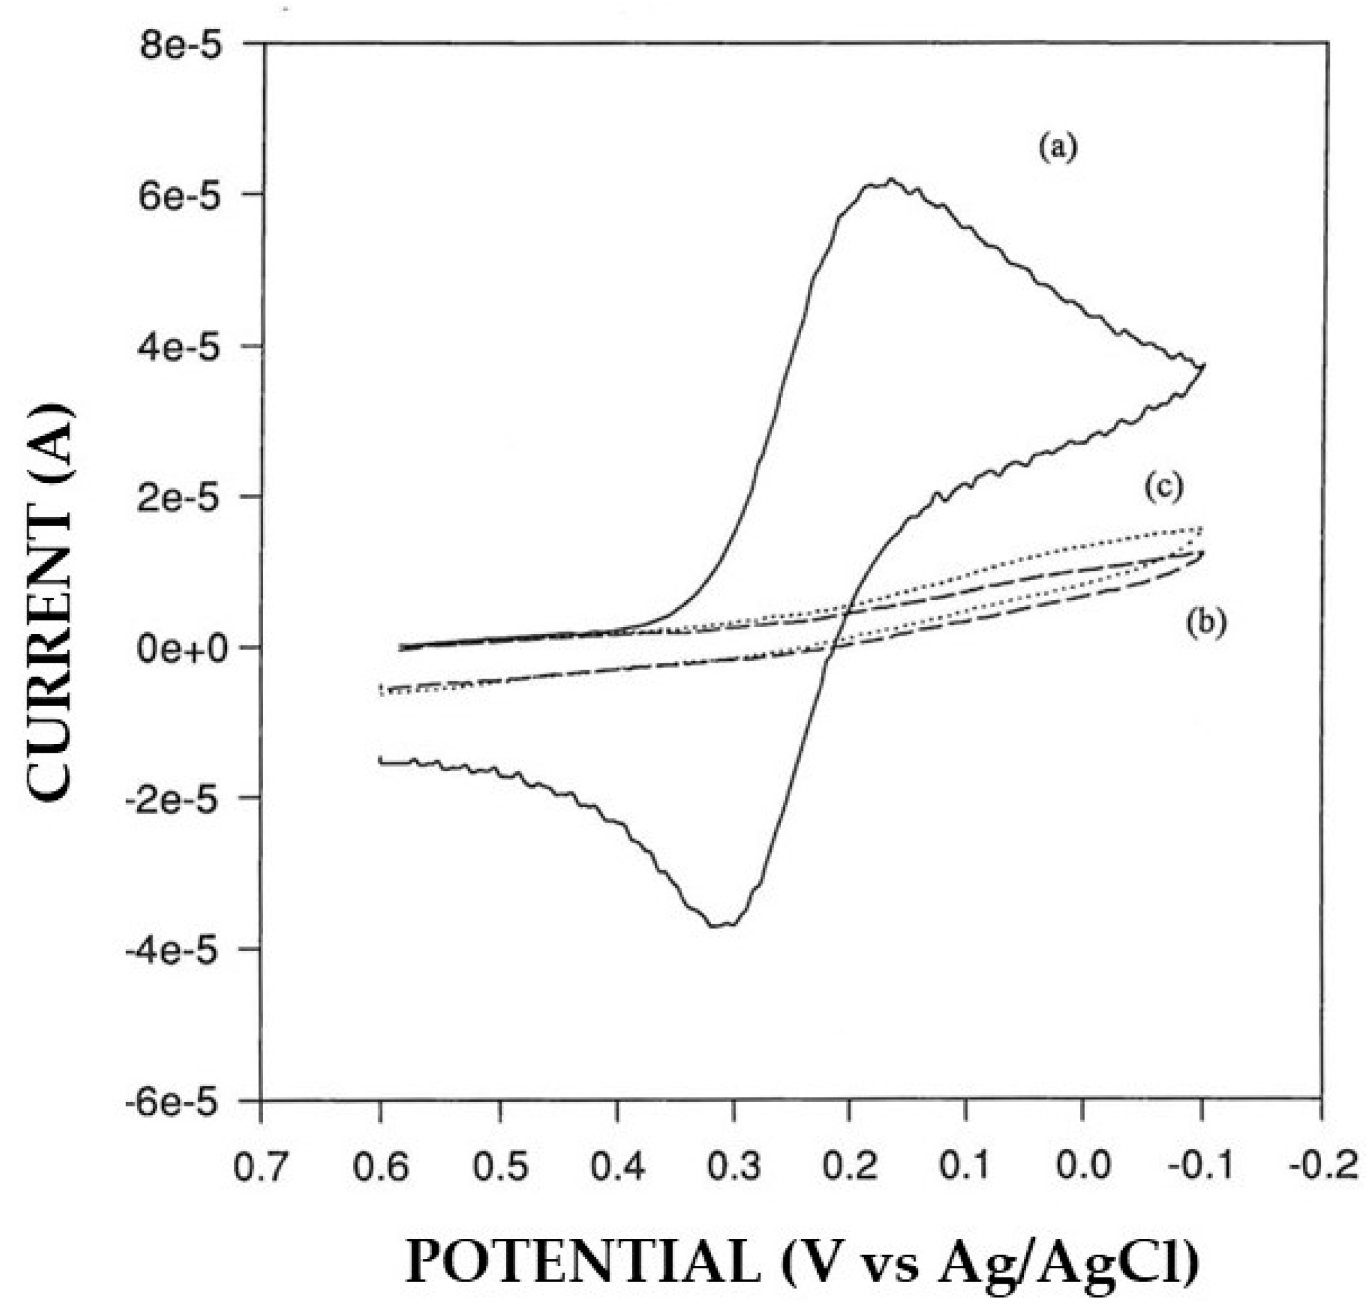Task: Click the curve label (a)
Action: pyautogui.click(x=1058, y=149)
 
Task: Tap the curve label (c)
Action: pyautogui.click(x=1164, y=487)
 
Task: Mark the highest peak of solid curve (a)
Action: pyautogui.click(x=890, y=180)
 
